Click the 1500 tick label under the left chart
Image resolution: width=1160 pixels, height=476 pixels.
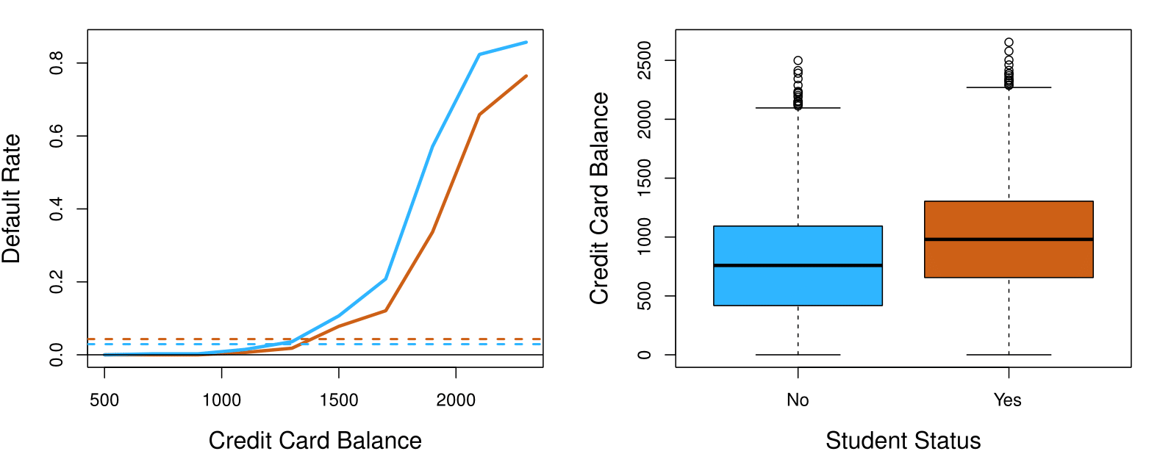pyautogui.click(x=339, y=400)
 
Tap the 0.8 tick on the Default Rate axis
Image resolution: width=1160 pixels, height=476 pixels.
pyautogui.click(x=57, y=63)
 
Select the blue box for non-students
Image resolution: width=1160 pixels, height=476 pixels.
pyautogui.click(x=798, y=286)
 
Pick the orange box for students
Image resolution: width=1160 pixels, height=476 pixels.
pyautogui.click(x=1008, y=220)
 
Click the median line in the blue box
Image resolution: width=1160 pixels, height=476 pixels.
pyautogui.click(x=798, y=265)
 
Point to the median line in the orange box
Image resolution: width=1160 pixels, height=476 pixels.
pyautogui.click(x=1008, y=239)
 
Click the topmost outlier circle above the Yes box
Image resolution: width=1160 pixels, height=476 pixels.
pyautogui.click(x=1009, y=43)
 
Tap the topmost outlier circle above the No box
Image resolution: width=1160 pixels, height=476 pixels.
pyautogui.click(x=798, y=61)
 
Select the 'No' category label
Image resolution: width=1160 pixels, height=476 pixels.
pyautogui.click(x=798, y=400)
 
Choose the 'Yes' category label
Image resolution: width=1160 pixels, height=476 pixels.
pyautogui.click(x=1007, y=400)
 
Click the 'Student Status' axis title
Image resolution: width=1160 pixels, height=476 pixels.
pyautogui.click(x=903, y=441)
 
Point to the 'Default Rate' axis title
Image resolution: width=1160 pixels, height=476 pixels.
pyautogui.click(x=12, y=198)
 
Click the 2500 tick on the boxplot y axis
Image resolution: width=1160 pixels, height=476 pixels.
pyautogui.click(x=645, y=60)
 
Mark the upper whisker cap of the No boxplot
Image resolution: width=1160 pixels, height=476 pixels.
pyautogui.click(x=798, y=108)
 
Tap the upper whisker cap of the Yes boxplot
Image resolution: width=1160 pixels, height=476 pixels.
pyautogui.click(x=1008, y=87)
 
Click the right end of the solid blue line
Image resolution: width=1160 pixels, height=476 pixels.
pyautogui.click(x=526, y=42)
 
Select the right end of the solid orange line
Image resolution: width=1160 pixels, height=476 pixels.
pyautogui.click(x=526, y=76)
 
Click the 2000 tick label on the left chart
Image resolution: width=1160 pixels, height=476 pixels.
pyautogui.click(x=456, y=400)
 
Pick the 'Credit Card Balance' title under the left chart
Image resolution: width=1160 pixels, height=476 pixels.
pyautogui.click(x=315, y=441)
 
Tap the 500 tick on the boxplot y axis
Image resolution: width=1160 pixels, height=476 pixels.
pyautogui.click(x=645, y=296)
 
